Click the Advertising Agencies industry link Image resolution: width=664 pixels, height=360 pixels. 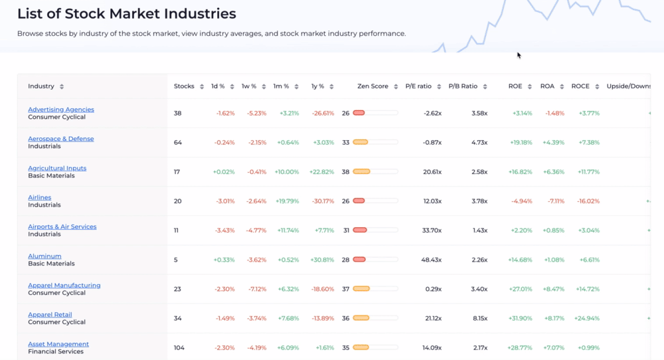(61, 110)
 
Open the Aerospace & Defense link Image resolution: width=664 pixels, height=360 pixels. (61, 139)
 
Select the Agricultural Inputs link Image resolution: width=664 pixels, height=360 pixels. (57, 168)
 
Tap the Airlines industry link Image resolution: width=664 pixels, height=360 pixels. (40, 197)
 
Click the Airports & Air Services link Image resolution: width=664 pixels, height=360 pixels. (62, 226)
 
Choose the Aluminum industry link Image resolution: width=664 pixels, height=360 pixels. (44, 256)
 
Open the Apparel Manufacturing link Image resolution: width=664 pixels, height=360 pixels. (64, 286)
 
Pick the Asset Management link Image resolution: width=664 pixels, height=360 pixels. (58, 344)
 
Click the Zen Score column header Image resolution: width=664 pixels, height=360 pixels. (373, 86)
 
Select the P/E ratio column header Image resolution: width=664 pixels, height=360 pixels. (418, 86)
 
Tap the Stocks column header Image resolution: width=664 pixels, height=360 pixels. (184, 86)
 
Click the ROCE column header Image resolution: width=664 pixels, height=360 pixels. (580, 86)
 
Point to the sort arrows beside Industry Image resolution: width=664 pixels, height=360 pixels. (62, 86)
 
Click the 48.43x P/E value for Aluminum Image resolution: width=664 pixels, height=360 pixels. (432, 260)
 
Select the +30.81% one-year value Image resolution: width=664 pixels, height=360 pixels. (322, 260)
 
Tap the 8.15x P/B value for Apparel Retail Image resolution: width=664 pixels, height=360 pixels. (479, 318)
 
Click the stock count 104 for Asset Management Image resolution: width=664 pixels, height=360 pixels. (179, 347)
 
